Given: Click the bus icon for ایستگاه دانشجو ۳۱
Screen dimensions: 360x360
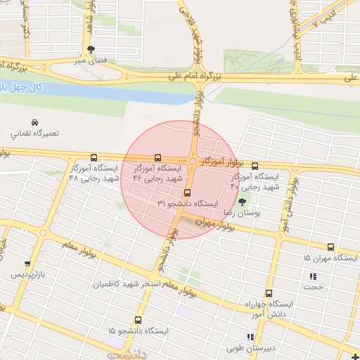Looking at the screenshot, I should pyautogui.click(x=186, y=193).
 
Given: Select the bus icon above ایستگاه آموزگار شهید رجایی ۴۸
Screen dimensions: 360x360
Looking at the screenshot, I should pyautogui.click(x=94, y=158).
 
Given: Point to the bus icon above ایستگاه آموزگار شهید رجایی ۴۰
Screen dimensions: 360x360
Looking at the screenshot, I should pyautogui.click(x=254, y=167).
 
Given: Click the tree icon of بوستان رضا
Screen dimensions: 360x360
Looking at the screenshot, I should pyautogui.click(x=243, y=202).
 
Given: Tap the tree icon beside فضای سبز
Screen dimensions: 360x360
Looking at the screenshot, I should pyautogui.click(x=91, y=49).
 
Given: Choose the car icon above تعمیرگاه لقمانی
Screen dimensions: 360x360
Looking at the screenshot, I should pyautogui.click(x=34, y=122).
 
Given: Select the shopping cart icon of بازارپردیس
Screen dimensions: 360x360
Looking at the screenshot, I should pyautogui.click(x=27, y=264).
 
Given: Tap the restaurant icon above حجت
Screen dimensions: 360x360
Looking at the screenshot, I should pyautogui.click(x=313, y=276).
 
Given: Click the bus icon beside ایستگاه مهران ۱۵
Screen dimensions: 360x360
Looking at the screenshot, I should pyautogui.click(x=330, y=247).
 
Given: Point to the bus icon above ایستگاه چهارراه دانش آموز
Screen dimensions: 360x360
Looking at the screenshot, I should pyautogui.click(x=268, y=294).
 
